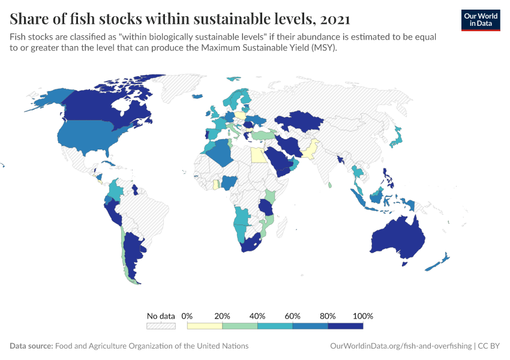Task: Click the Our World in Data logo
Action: click(481, 20)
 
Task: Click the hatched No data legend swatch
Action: click(161, 326)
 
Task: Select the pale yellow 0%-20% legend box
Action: click(205, 326)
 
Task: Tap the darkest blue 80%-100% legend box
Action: click(346, 326)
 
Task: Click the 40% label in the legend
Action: click(257, 316)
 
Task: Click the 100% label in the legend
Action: click(363, 316)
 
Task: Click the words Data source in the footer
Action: click(31, 346)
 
